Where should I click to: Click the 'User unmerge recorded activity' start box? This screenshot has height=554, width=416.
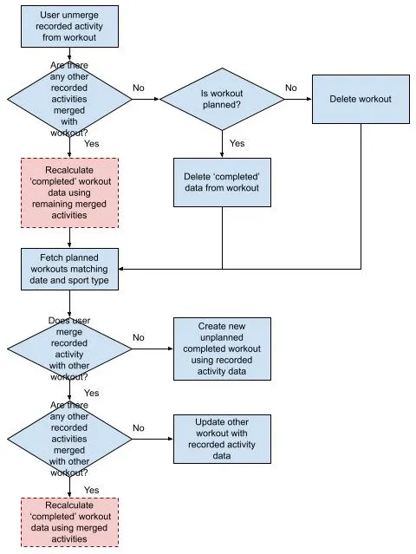(x=69, y=27)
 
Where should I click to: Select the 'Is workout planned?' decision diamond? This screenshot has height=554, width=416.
(x=223, y=99)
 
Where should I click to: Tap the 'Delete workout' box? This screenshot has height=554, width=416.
(x=361, y=99)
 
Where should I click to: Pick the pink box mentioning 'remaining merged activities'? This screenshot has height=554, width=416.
(x=69, y=192)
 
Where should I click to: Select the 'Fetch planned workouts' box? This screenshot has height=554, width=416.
(x=69, y=269)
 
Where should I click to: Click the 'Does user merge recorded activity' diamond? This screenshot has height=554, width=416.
(x=69, y=349)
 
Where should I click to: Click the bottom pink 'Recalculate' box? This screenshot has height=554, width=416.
(x=69, y=521)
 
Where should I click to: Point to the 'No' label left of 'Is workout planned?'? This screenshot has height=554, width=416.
(x=139, y=88)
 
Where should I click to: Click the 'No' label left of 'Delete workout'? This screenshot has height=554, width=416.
(x=290, y=88)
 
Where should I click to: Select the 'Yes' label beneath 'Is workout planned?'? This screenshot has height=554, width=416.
(x=237, y=143)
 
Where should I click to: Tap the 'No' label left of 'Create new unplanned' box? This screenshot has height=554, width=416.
(x=139, y=338)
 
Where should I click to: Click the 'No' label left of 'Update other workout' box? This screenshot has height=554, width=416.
(x=139, y=428)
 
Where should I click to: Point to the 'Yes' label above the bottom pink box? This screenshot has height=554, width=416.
(x=92, y=490)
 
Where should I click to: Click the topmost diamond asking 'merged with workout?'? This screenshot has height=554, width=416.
(x=69, y=99)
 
